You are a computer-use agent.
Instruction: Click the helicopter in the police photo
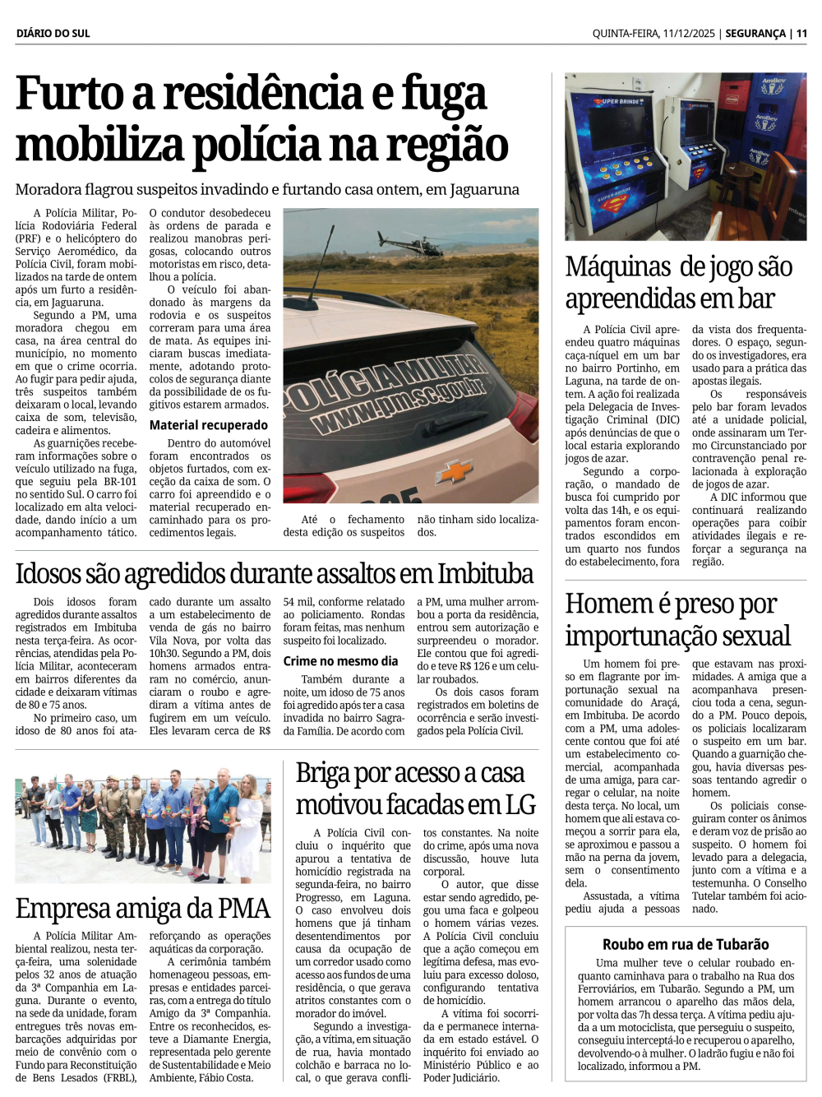click(410, 243)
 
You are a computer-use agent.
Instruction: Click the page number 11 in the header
click(801, 34)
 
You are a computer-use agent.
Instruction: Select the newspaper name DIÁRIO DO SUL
click(53, 34)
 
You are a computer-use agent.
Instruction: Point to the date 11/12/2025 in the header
click(690, 34)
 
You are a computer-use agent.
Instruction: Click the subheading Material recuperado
click(208, 425)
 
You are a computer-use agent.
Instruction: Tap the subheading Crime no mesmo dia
click(340, 661)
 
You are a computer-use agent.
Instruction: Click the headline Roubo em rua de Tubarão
click(686, 944)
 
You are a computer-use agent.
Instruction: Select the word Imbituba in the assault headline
click(486, 573)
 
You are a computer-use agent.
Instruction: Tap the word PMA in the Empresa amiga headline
click(241, 908)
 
